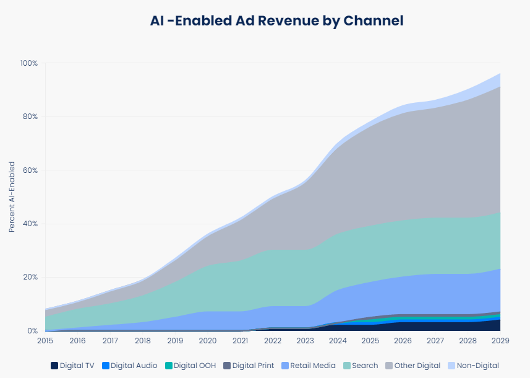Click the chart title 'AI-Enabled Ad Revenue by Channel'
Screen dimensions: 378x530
(276, 20)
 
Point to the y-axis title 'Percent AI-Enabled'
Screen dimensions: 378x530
(12, 197)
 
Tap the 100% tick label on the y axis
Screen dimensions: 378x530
(29, 63)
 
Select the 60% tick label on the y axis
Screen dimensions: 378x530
(30, 170)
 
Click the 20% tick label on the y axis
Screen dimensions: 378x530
(30, 278)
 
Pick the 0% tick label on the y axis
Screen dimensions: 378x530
(32, 331)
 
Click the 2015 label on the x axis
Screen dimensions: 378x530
(45, 341)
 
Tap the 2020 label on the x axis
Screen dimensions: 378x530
(207, 341)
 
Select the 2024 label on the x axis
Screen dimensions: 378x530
(337, 341)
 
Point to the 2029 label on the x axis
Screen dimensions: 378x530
(500, 341)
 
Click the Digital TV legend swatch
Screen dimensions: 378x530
(54, 366)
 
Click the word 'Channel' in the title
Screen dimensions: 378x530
(373, 20)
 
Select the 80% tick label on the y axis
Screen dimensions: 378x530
(30, 116)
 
